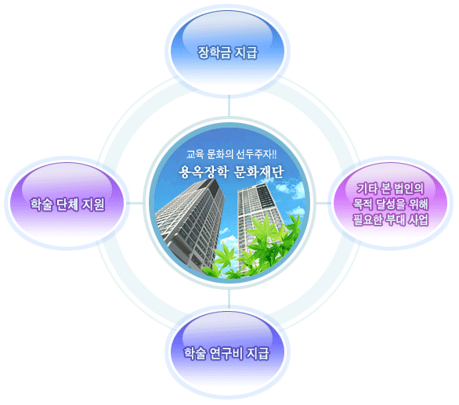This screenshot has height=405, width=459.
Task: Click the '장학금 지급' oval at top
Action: pos(227,51)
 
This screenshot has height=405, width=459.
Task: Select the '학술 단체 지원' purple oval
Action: pos(67,204)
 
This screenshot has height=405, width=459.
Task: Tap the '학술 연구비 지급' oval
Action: pos(227,353)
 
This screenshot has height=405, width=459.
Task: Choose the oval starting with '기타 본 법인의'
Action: pos(391,204)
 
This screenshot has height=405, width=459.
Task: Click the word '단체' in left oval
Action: pos(67,204)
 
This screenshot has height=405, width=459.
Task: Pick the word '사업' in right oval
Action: pos(418,219)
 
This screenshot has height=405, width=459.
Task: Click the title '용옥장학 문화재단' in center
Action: pos(231,172)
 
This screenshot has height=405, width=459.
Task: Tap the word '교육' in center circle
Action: pos(195,154)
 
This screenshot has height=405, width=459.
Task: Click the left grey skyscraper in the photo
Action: pos(190,224)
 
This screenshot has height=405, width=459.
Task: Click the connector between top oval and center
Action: pos(229,106)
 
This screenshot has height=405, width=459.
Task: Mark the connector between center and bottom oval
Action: pos(229,298)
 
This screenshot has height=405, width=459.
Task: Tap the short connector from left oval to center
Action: pos(135,203)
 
